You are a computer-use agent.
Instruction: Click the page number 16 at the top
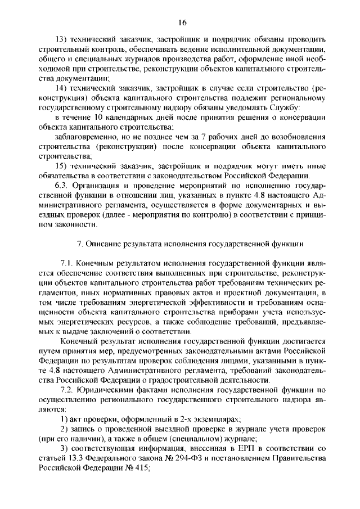click(x=182, y=22)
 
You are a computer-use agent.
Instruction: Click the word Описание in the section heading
click(x=103, y=244)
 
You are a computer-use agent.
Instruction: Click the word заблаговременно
click(x=85, y=137)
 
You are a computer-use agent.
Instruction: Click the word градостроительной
click(x=202, y=380)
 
